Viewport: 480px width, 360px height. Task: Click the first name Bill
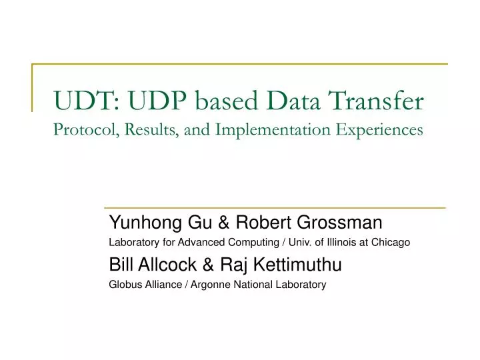[x=121, y=265]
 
